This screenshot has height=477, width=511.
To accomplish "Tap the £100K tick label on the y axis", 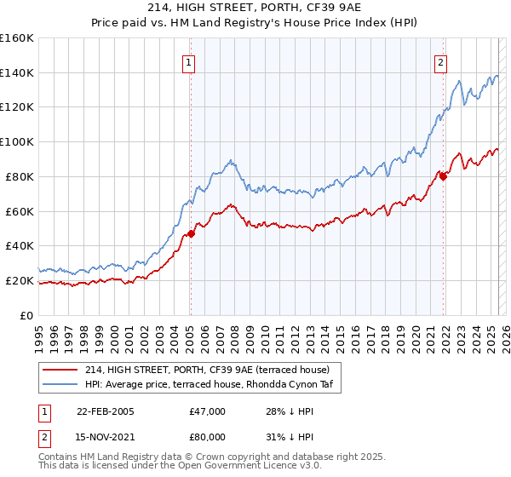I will (17, 141).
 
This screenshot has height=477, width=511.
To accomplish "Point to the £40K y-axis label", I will (20, 245).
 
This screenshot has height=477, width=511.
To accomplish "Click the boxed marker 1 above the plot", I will (187, 61).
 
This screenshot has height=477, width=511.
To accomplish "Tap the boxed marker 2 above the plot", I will (441, 61).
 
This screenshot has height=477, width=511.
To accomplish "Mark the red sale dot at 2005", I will (191, 233).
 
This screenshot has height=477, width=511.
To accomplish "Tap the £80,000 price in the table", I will (208, 437).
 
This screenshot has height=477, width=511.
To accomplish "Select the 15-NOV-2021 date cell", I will (106, 437).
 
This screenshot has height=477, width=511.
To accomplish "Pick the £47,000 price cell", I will (208, 411).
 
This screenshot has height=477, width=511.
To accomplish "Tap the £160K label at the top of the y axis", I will (17, 38).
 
